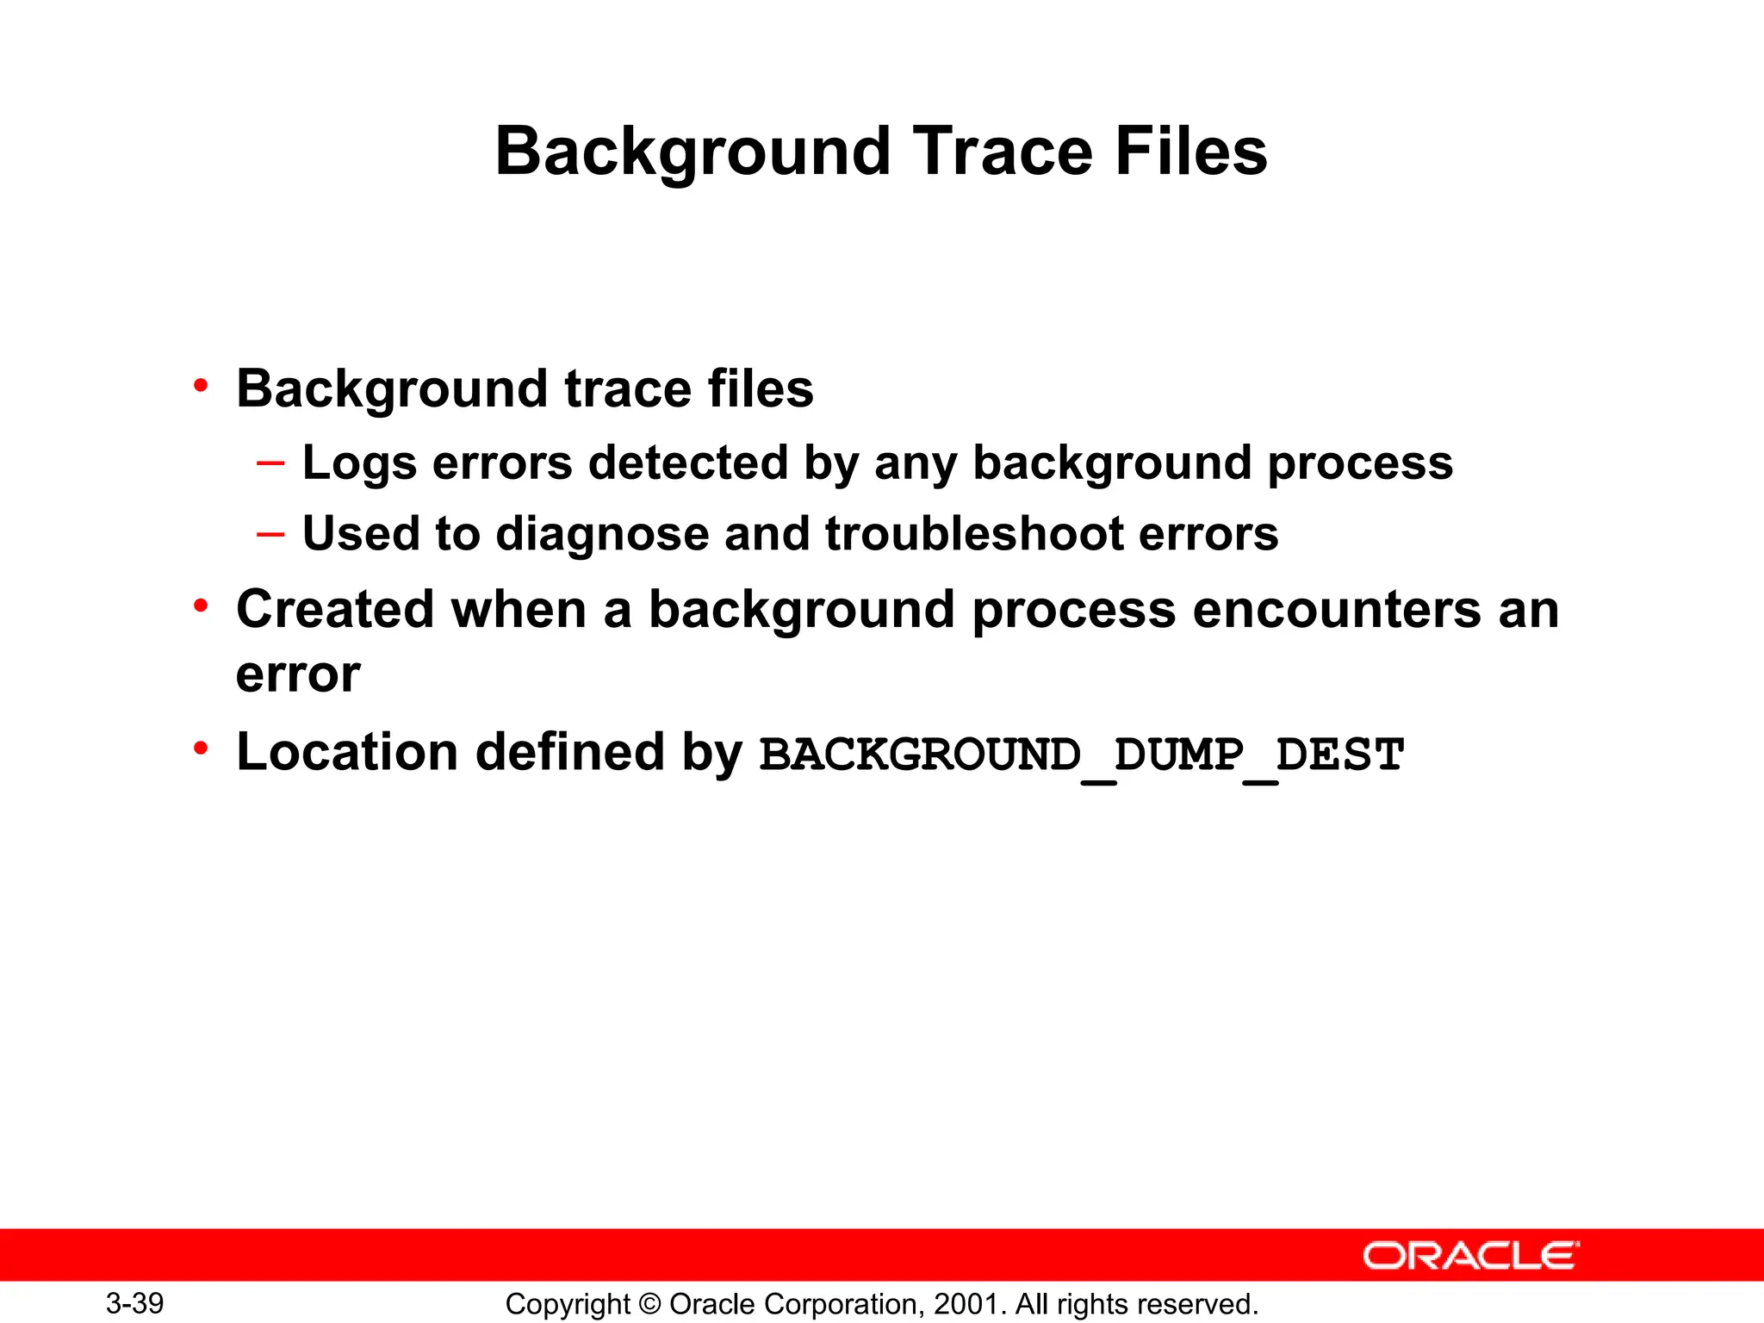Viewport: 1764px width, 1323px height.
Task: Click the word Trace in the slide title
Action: pyautogui.click(x=1003, y=152)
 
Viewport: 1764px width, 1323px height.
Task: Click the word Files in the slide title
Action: pyautogui.click(x=1190, y=152)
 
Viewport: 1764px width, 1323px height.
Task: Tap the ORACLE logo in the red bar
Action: pyautogui.click(x=1471, y=1256)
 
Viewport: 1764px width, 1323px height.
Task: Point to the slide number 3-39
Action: pyautogui.click(x=135, y=1303)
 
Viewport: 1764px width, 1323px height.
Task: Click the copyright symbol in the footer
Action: pyautogui.click(x=650, y=1304)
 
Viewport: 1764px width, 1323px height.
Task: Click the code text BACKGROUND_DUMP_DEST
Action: pyautogui.click(x=1082, y=755)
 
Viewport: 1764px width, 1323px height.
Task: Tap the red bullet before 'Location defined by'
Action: pyautogui.click(x=201, y=749)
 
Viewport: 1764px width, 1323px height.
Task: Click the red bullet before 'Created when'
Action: pyautogui.click(x=201, y=606)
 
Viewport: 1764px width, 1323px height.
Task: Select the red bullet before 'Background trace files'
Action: pyautogui.click(x=201, y=385)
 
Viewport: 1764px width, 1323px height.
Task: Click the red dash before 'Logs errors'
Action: pyautogui.click(x=270, y=463)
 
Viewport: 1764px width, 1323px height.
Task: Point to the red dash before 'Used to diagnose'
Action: pyautogui.click(x=270, y=534)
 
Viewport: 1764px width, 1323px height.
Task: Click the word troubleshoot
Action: pyautogui.click(x=974, y=534)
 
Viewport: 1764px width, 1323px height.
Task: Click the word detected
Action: pyautogui.click(x=688, y=463)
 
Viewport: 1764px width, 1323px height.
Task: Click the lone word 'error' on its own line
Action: pyautogui.click(x=298, y=675)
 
